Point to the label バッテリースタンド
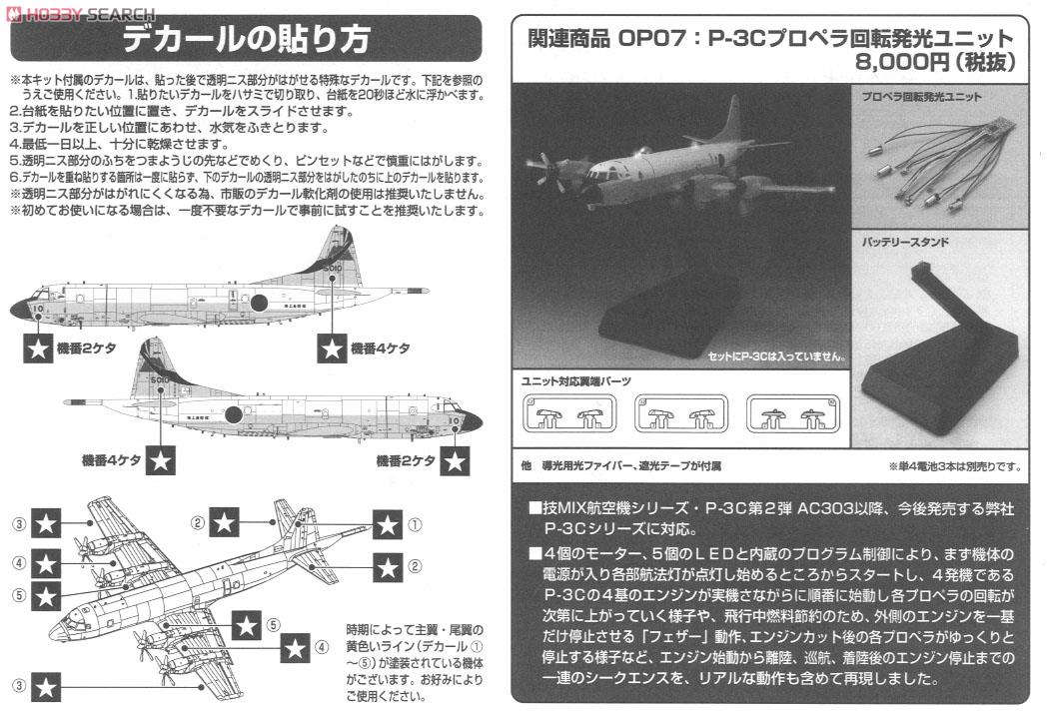coord(904,243)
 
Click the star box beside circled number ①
coord(388,522)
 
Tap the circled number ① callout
coord(415,522)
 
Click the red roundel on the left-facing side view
coord(258,303)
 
